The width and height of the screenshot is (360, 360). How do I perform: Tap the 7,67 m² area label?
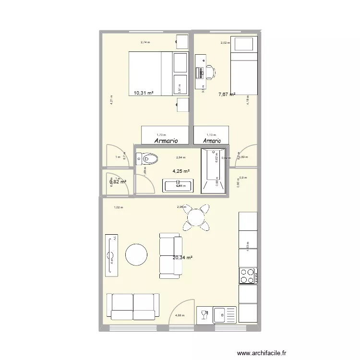tap(227, 95)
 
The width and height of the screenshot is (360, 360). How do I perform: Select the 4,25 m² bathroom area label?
tap(181, 171)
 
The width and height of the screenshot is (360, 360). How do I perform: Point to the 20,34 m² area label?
tap(182, 258)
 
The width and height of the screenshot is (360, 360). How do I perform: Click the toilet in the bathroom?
tap(148, 158)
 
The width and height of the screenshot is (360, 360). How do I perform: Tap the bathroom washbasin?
tap(178, 186)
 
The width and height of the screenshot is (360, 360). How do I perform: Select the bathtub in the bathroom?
tap(213, 171)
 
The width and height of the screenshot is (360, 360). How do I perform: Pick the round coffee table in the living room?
tap(136, 254)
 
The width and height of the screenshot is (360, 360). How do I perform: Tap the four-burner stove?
tap(247, 276)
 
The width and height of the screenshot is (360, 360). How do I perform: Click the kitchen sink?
tap(221, 315)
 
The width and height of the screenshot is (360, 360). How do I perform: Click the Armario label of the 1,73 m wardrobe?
tap(166, 141)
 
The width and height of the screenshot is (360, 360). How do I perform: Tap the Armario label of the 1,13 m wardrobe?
tap(212, 141)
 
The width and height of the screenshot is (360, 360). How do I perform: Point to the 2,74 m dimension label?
tap(145, 42)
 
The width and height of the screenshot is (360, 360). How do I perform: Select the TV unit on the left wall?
tap(112, 255)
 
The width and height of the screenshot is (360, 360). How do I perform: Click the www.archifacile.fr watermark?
tap(262, 352)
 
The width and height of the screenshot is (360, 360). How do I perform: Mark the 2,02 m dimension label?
tap(225, 43)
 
